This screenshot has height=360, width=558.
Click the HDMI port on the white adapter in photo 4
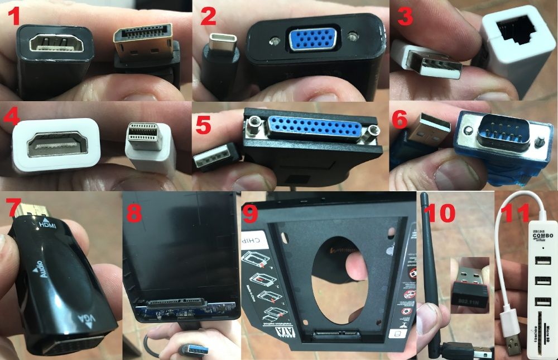[x=55, y=146]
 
